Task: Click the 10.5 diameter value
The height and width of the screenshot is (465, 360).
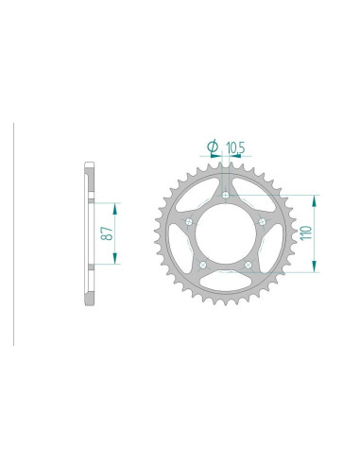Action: pos(234,146)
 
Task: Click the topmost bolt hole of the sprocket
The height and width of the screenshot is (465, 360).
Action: pos(226,196)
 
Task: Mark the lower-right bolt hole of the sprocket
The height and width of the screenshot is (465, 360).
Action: pos(249,266)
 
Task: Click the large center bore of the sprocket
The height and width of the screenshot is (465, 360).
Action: pos(226,235)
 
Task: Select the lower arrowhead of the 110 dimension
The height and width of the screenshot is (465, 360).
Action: pos(313,268)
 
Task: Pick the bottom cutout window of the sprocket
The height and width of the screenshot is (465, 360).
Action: pos(226,284)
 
